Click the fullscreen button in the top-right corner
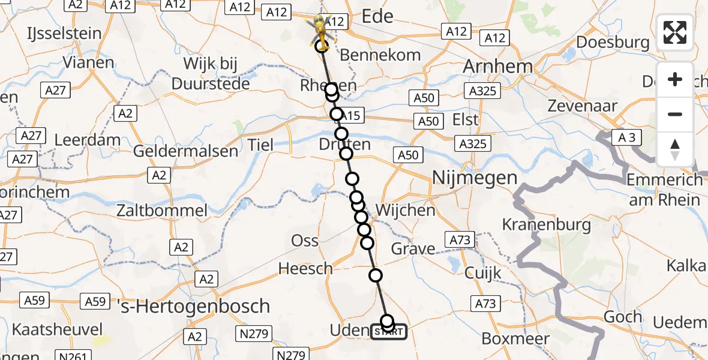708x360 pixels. pyautogui.click(x=675, y=32)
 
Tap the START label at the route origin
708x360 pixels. pyautogui.click(x=389, y=332)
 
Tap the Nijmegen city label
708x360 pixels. pyautogui.click(x=474, y=178)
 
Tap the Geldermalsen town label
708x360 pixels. pyautogui.click(x=185, y=151)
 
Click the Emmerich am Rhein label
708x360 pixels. pyautogui.click(x=664, y=190)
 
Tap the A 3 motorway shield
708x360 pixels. pyautogui.click(x=626, y=138)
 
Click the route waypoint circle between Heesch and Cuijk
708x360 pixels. pyautogui.click(x=376, y=275)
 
